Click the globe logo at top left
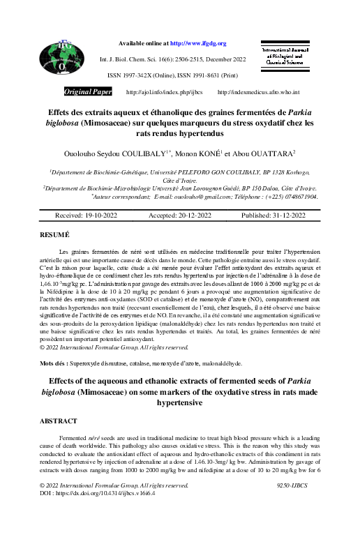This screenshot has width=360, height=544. pos(62,59)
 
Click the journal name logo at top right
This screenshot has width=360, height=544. pos(283,57)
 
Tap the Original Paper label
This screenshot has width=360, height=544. pos(88,92)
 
